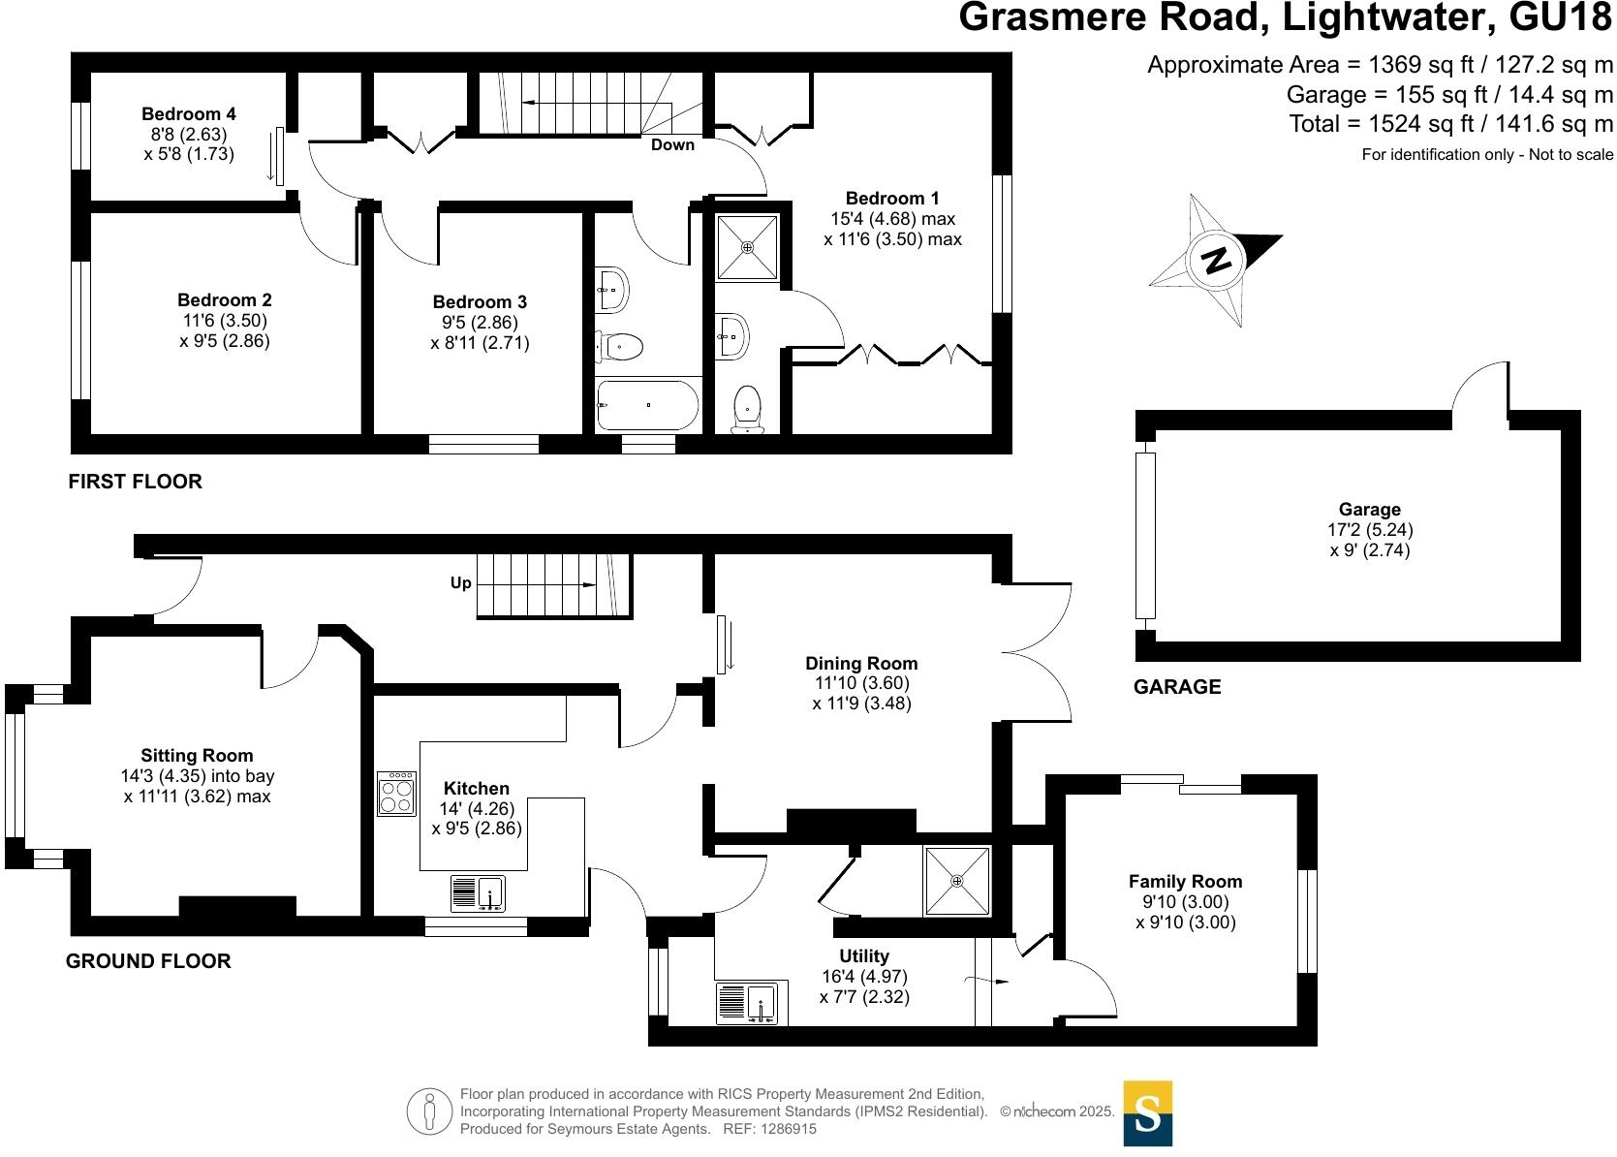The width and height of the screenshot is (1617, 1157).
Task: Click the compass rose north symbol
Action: (1216, 260)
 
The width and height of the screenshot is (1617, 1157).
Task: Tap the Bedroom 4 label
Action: (188, 114)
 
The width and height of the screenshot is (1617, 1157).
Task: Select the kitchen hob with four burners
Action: (396, 794)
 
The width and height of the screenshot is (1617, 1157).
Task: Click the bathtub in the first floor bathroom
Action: (647, 404)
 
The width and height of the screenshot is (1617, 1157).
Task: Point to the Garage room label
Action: (1369, 510)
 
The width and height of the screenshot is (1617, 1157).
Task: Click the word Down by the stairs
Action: (672, 145)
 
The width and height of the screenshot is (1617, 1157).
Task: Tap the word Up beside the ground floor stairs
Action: (461, 582)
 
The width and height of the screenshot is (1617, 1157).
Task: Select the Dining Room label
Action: (861, 664)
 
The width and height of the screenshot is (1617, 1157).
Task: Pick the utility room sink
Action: (751, 1004)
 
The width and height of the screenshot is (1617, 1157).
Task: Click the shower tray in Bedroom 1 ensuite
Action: (747, 247)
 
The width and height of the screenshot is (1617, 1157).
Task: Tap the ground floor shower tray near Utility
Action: (957, 881)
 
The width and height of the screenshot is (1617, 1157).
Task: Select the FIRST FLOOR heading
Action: (135, 482)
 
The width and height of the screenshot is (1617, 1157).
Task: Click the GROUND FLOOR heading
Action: (148, 961)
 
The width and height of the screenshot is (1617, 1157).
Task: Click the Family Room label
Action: (1185, 882)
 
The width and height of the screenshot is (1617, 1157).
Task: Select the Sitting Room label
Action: (197, 756)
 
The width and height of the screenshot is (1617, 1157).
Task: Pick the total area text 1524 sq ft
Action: (1414, 124)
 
